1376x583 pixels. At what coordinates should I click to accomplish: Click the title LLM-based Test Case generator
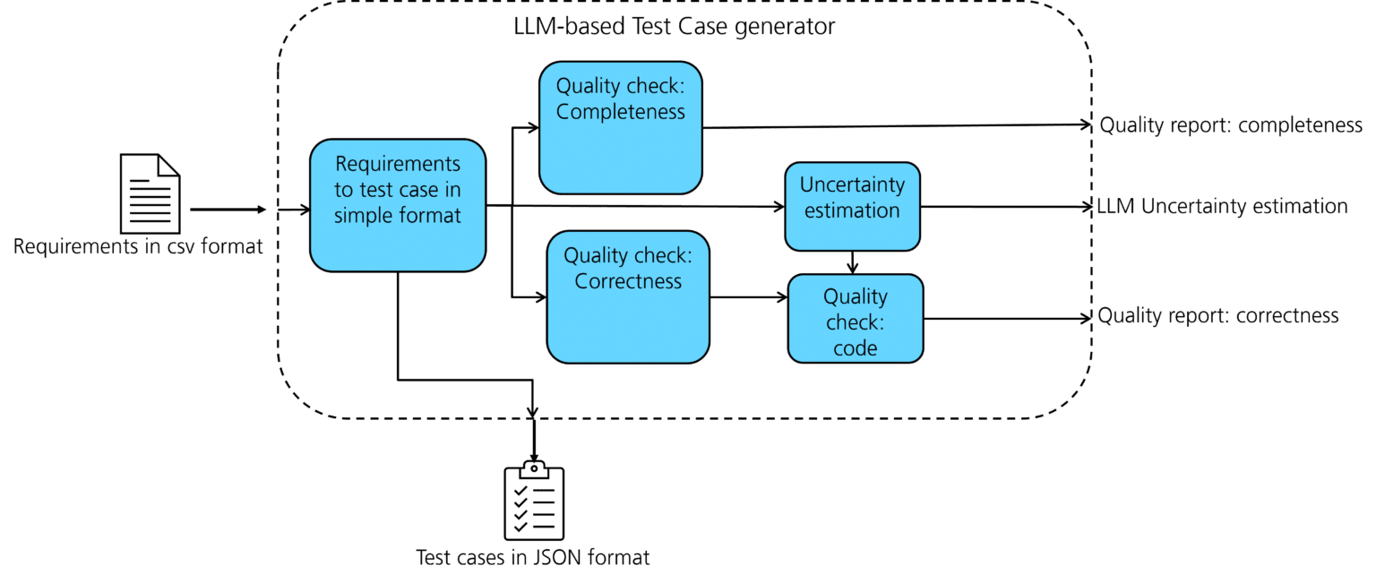tap(669, 27)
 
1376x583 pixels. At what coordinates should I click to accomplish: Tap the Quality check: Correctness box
tap(628, 296)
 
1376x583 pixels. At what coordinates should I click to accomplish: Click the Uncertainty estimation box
tap(852, 207)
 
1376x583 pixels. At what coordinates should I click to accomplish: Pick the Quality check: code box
tap(855, 318)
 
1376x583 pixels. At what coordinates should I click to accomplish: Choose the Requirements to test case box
tap(398, 204)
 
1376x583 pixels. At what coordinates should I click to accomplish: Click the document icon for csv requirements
tap(150, 193)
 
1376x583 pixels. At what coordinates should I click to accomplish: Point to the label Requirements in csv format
tap(138, 246)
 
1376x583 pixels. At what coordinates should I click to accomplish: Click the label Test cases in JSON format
tap(533, 557)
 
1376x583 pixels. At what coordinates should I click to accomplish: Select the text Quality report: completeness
tap(1231, 125)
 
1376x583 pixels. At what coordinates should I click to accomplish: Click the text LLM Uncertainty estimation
tap(1222, 207)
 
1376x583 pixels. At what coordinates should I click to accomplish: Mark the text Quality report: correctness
tap(1218, 316)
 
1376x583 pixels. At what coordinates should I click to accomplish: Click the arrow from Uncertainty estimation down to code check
tap(853, 261)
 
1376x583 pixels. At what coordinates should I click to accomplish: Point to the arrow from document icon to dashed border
tap(228, 210)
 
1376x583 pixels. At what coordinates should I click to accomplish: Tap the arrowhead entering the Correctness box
tap(540, 296)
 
